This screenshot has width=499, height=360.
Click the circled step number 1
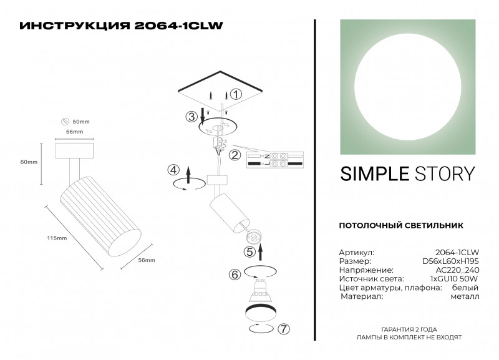(235, 95)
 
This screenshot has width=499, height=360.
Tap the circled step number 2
(235, 155)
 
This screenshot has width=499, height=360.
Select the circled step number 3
(191, 117)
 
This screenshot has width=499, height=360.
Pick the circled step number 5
(249, 252)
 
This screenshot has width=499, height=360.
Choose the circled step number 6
(235, 275)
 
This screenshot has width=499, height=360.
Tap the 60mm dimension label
(29, 162)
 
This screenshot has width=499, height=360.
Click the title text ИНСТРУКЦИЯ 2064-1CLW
(121, 26)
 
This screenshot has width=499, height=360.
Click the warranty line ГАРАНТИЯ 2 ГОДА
(409, 329)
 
